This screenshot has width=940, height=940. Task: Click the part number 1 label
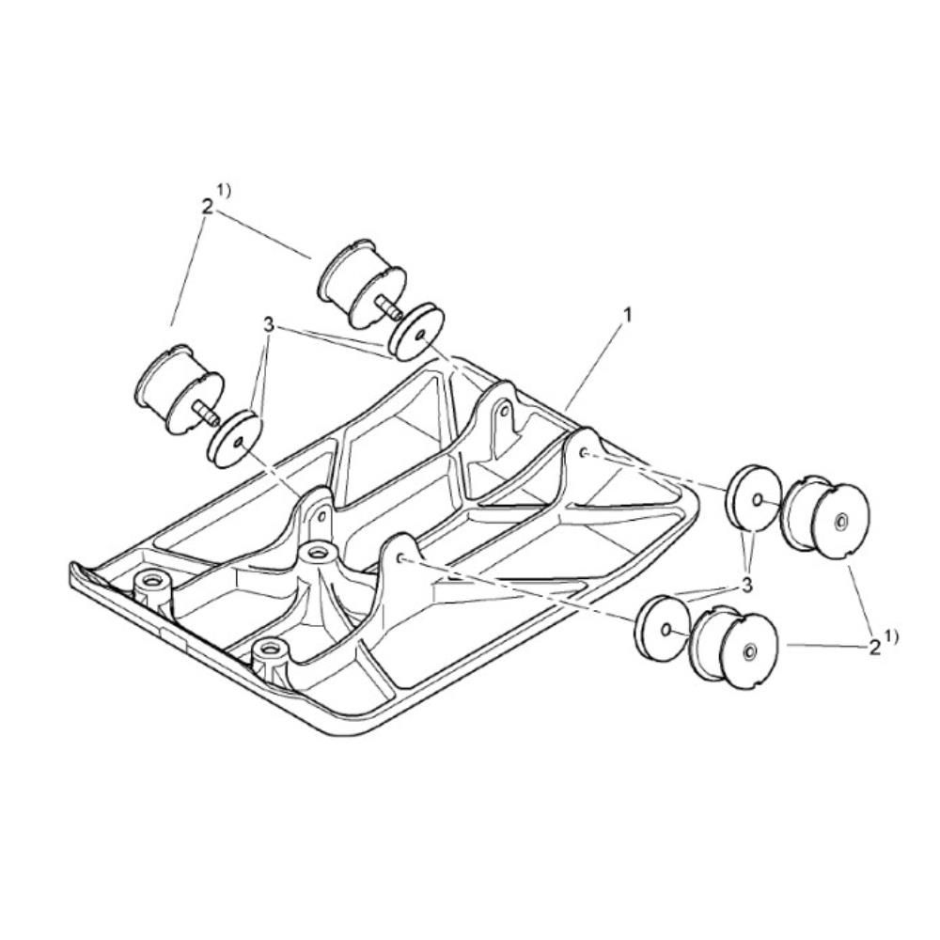[628, 314]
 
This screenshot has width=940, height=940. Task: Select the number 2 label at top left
[207, 208]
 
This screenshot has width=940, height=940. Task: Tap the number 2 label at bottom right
[874, 647]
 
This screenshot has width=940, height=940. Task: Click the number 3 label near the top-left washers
[268, 325]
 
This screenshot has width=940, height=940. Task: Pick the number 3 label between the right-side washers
[746, 585]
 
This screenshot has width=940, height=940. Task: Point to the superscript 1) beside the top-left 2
[225, 191]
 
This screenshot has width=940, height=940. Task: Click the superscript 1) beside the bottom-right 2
[891, 636]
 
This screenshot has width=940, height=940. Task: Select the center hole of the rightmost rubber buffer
[840, 522]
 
